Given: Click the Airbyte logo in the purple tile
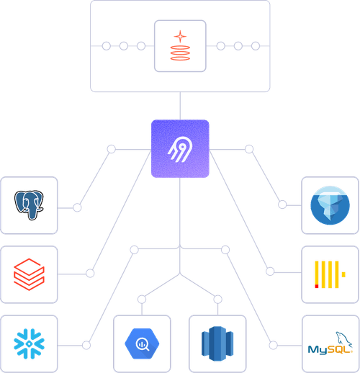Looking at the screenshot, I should pos(179,149).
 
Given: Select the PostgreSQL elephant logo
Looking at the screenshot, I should pos(29,205).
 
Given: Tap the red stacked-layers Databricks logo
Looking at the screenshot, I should pos(29,274).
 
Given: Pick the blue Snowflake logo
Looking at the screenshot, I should pos(29,342).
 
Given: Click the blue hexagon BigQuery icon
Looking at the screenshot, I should pos(140,343).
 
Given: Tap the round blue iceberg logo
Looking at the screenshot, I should pos(329,205).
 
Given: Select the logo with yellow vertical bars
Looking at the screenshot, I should pos(329,274).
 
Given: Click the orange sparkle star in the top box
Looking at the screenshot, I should pos(179,36).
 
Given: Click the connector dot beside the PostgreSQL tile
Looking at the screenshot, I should pos(77,207).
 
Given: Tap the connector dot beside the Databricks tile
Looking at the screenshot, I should pos(90,274).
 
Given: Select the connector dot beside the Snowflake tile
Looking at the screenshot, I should pos(86,346).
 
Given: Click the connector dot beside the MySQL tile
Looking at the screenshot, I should pos(272,346).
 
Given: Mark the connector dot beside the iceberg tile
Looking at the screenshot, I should pos(282,205).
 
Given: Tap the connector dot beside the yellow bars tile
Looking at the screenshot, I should pos(270,271).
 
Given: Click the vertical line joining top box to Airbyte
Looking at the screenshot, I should pos(179,106).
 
